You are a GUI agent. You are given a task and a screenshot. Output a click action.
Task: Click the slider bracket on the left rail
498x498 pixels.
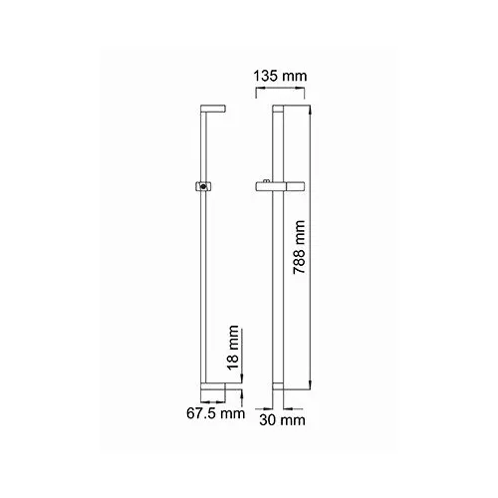203,185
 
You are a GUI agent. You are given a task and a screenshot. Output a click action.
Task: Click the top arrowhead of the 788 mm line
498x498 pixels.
315,109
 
